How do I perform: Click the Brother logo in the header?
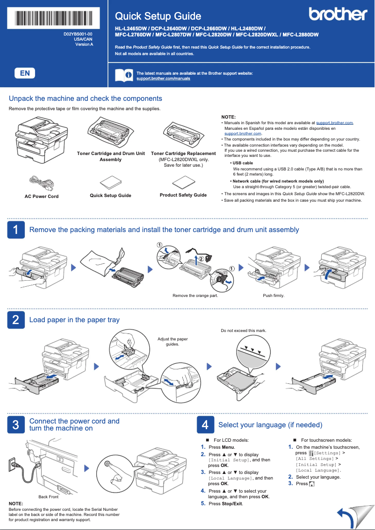point(338,14)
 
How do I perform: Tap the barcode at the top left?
point(54,18)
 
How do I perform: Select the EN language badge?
point(25,73)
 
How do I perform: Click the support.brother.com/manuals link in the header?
point(163,79)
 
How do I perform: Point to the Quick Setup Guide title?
point(158,16)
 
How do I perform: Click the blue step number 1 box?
point(16,230)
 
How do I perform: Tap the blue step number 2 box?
point(16,320)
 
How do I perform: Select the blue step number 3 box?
point(16,424)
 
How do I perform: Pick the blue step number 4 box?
point(205,425)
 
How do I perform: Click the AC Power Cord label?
point(42,197)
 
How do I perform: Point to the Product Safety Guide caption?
point(183,195)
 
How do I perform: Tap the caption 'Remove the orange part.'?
point(195,296)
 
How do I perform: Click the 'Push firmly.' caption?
point(274,296)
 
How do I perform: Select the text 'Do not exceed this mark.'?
point(243,331)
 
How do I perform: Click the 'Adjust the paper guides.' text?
point(173,342)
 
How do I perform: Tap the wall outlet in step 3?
point(14,464)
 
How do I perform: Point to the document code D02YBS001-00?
point(78,35)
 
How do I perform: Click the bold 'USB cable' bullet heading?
point(243,163)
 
